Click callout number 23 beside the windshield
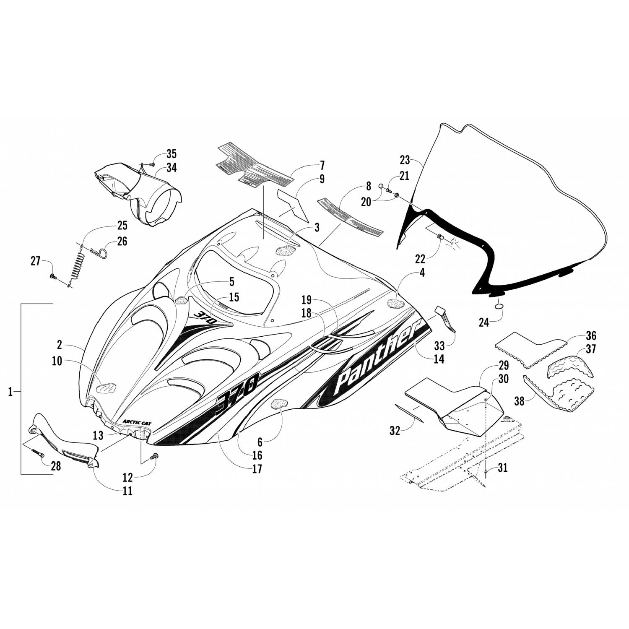point(405,160)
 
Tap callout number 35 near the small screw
point(160,153)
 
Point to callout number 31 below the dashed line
point(502,468)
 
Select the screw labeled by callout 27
point(53,277)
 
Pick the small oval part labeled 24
point(498,307)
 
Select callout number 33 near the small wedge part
point(439,346)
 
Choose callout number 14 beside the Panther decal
point(439,359)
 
